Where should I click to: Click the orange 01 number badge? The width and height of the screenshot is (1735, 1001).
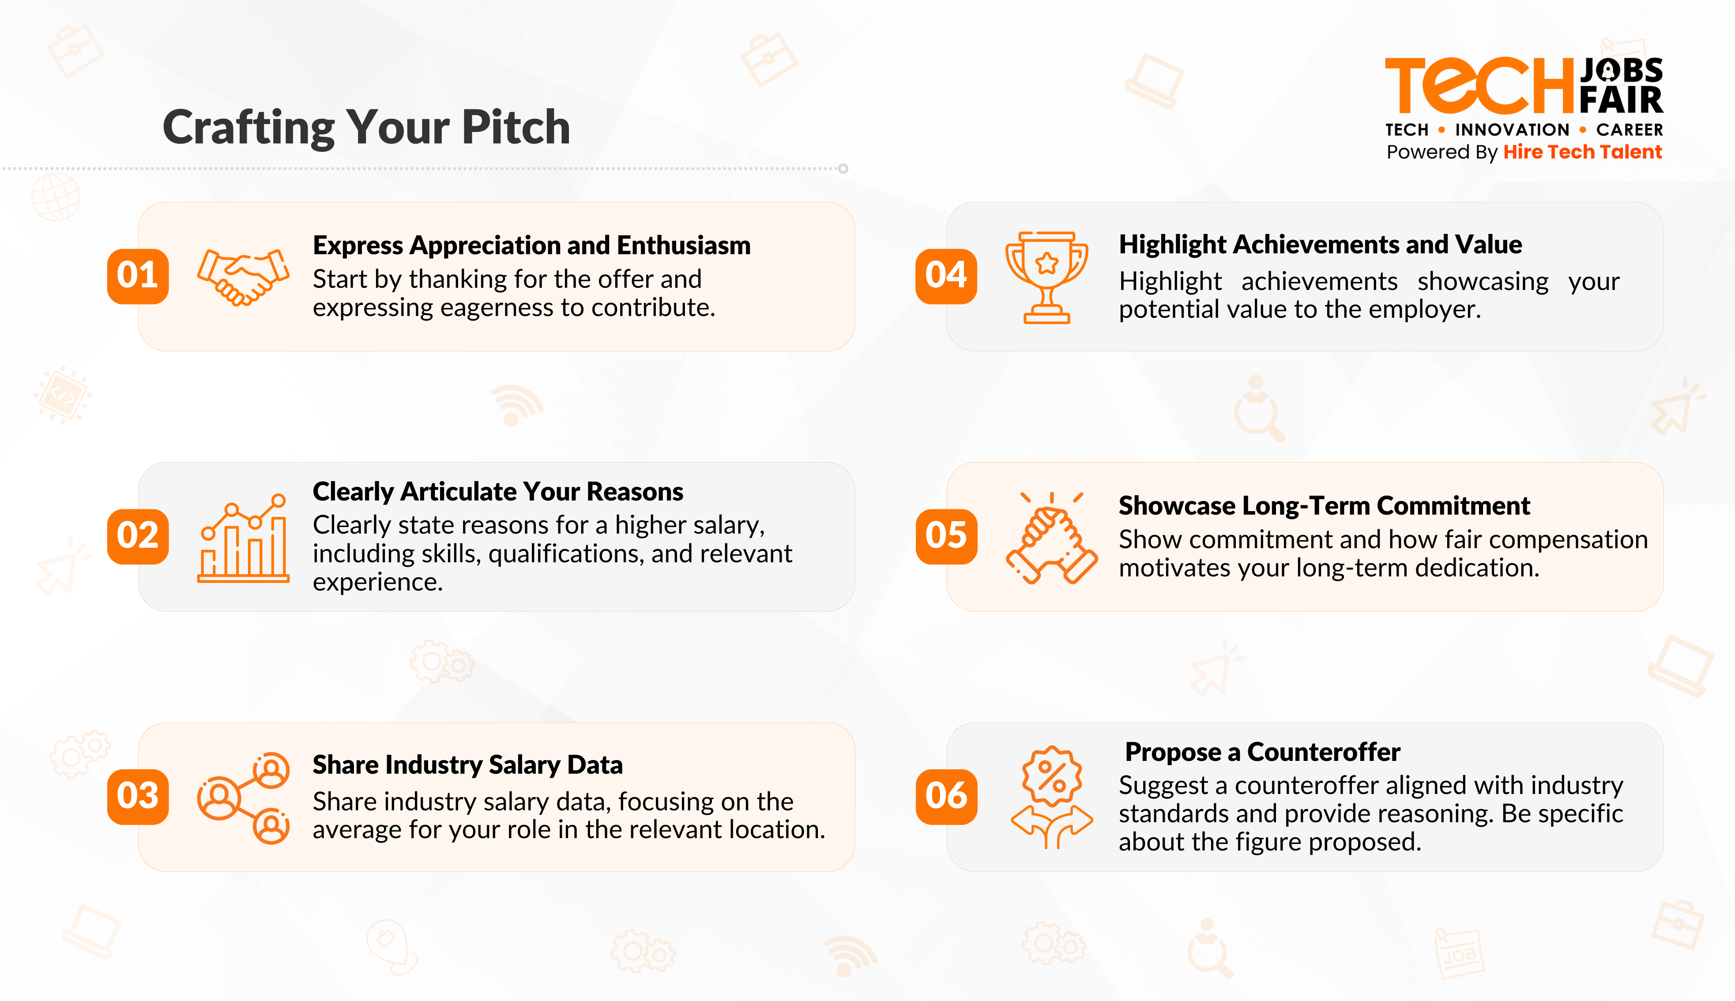(137, 276)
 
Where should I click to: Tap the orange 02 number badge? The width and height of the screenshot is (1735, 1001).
(137, 536)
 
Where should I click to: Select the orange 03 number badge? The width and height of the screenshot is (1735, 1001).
(137, 796)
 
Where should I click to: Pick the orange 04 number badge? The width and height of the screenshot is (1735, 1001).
(946, 276)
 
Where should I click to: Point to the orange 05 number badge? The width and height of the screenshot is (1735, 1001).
(946, 536)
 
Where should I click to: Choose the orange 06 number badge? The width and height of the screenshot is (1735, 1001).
(946, 796)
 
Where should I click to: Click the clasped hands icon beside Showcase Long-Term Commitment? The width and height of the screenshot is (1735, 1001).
(1051, 538)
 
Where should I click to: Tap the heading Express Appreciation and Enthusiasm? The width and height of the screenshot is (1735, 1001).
(531, 245)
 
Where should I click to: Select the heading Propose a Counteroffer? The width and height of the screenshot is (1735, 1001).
(1262, 752)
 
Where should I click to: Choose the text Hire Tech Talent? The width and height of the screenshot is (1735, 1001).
(1582, 152)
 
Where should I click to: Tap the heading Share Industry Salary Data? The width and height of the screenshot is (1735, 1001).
(467, 765)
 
